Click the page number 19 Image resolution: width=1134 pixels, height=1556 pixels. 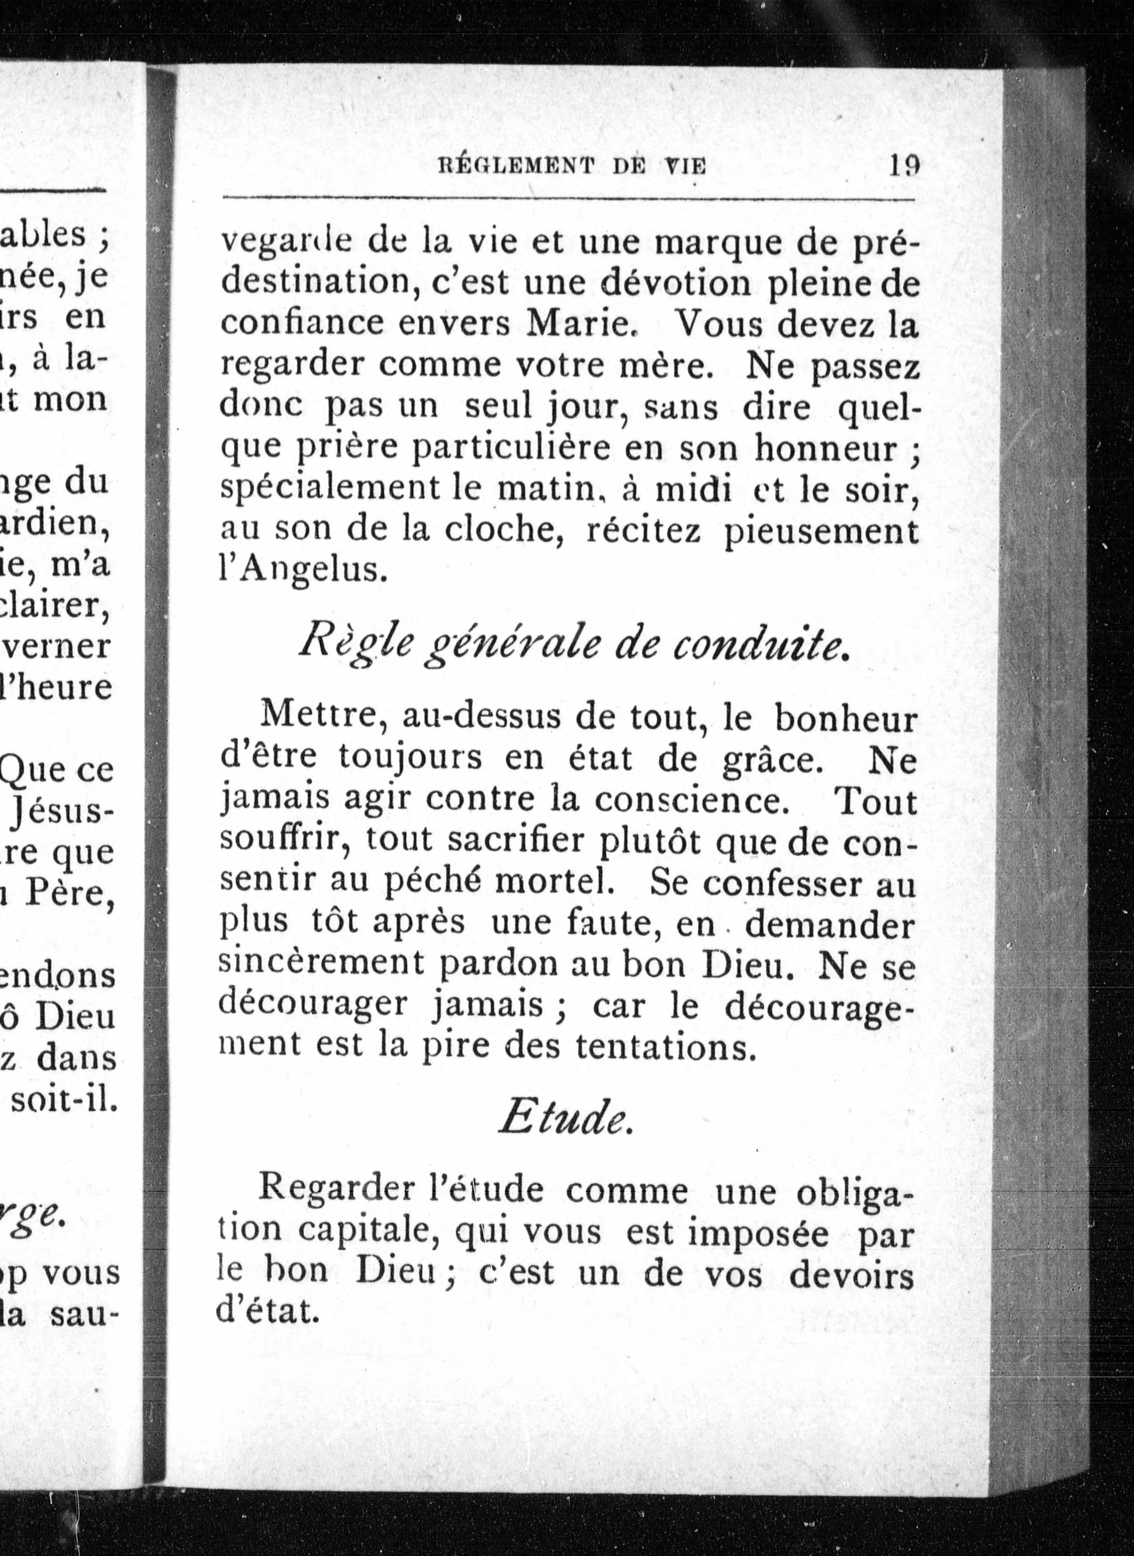pos(904,167)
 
